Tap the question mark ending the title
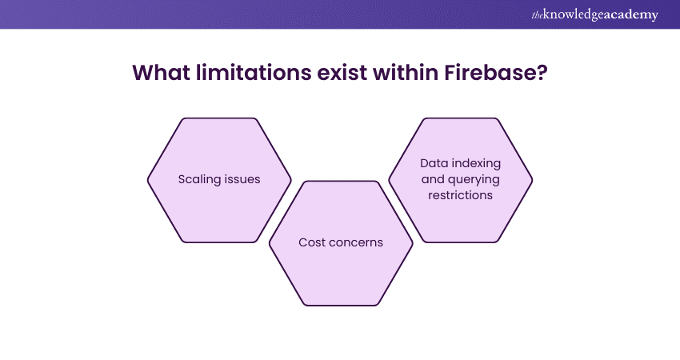542,72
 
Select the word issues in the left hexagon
242,179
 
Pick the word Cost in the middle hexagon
313,242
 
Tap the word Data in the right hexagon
434,163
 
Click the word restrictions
461,194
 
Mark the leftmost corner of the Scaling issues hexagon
148,179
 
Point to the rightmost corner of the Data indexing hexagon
533,179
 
